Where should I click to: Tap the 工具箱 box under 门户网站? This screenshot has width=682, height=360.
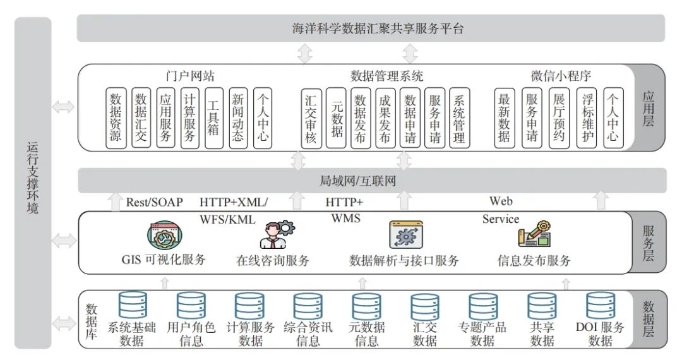tap(214, 118)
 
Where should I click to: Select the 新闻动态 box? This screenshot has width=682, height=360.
tap(238, 118)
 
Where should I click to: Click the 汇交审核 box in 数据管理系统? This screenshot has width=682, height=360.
tap(311, 118)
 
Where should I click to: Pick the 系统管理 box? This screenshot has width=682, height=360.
tap(459, 118)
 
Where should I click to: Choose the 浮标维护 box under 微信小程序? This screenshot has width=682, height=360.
tap(587, 118)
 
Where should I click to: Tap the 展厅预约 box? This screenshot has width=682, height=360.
tap(559, 118)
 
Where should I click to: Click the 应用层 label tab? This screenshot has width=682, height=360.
tap(648, 107)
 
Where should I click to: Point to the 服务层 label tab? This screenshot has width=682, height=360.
tap(648, 243)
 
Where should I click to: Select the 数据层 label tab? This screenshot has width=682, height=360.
tap(648, 319)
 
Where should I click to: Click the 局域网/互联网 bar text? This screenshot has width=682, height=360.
tap(357, 181)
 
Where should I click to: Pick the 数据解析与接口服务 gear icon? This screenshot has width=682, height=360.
tap(405, 235)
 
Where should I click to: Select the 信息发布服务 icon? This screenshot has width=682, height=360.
tap(534, 234)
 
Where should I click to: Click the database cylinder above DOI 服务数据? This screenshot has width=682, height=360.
tap(600, 306)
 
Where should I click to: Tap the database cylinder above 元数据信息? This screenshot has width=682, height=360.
tap(366, 306)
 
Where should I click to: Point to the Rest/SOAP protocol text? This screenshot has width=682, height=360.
tap(154, 202)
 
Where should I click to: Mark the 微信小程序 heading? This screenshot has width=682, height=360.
tap(561, 76)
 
